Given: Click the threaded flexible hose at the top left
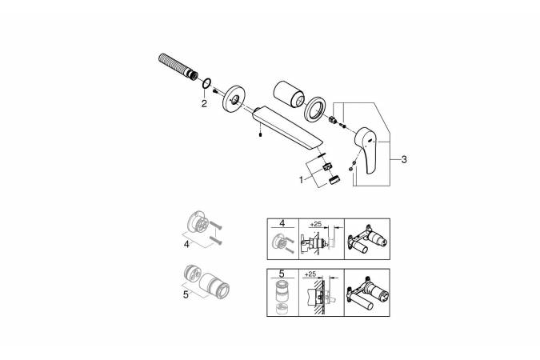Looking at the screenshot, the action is point(178,66).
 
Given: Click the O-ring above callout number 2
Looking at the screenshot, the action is point(206,83).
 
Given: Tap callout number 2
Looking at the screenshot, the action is point(204,103).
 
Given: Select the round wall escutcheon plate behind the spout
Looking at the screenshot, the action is point(234,98).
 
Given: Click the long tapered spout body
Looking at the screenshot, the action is point(287,129).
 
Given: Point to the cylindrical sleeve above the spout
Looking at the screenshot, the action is point(289,94).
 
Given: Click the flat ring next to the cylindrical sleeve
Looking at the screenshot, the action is point(314,110).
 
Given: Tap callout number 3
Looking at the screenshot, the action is point(404,159).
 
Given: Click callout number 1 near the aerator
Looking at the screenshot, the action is point(302,180).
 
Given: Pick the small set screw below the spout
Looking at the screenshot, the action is point(261,134).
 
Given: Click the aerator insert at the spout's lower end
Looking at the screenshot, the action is point(327,166).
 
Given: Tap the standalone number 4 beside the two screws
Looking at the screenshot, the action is point(186,244).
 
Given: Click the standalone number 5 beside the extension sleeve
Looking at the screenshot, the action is point(186,295).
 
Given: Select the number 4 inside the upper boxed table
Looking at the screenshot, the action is point(282,223).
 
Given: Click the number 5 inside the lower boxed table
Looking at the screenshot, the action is point(282,274).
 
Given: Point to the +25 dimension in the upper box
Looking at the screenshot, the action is point(315,224).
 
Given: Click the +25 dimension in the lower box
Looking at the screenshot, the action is point(310,274).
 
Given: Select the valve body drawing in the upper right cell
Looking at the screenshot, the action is point(367,238).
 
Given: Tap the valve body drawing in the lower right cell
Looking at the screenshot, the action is point(367,293).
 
